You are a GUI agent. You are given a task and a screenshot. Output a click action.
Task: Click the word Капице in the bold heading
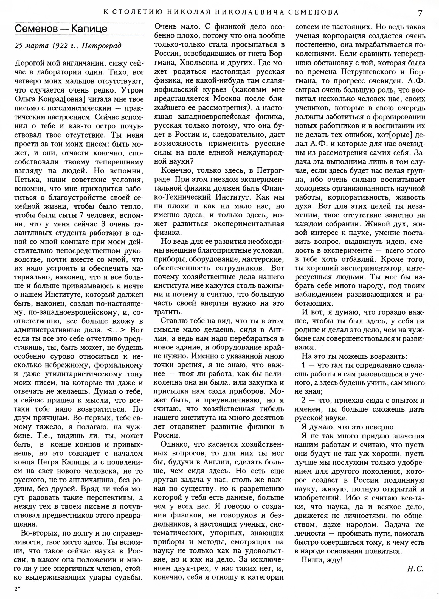tap(89, 29)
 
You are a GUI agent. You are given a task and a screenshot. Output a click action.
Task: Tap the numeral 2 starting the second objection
tap(304, 401)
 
